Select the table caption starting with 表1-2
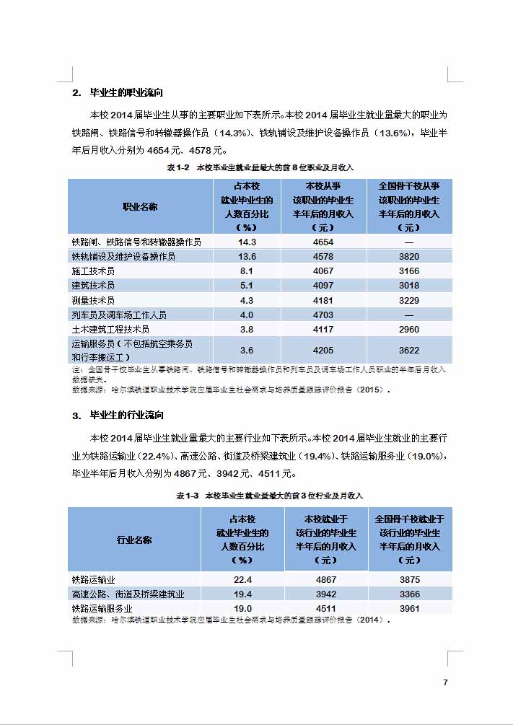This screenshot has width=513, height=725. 260,167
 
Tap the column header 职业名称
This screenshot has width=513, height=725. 140,206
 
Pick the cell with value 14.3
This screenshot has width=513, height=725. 247,242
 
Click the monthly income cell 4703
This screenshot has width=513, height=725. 323,315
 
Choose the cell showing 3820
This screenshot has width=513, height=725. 409,257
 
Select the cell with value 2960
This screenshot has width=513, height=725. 409,329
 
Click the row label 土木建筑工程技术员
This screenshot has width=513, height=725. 110,329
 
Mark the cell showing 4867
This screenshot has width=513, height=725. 326,580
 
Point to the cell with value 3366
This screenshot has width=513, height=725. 409,594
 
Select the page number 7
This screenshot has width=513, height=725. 445,682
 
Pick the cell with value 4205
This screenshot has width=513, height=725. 323,351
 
